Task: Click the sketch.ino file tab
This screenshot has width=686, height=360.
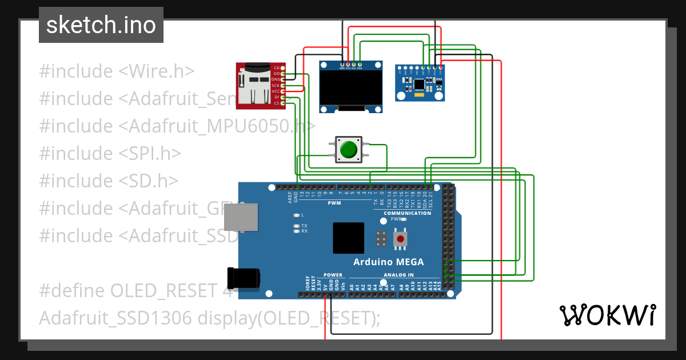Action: point(101,25)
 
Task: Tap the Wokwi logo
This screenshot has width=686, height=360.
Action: point(607,315)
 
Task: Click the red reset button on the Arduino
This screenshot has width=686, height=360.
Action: point(400,238)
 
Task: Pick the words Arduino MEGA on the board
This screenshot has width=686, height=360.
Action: point(388,262)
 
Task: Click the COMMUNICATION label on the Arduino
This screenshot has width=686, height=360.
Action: point(407,213)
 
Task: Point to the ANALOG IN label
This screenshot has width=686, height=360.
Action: point(398,275)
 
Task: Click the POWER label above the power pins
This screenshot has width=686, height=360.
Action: point(333,275)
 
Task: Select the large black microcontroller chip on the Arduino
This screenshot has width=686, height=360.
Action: point(348,238)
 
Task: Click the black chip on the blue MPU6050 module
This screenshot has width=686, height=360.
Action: point(419,85)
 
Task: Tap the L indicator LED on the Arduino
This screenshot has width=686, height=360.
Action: point(296,215)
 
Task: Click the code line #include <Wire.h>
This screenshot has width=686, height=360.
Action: point(117,71)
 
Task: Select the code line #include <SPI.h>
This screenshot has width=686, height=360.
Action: point(110,153)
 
